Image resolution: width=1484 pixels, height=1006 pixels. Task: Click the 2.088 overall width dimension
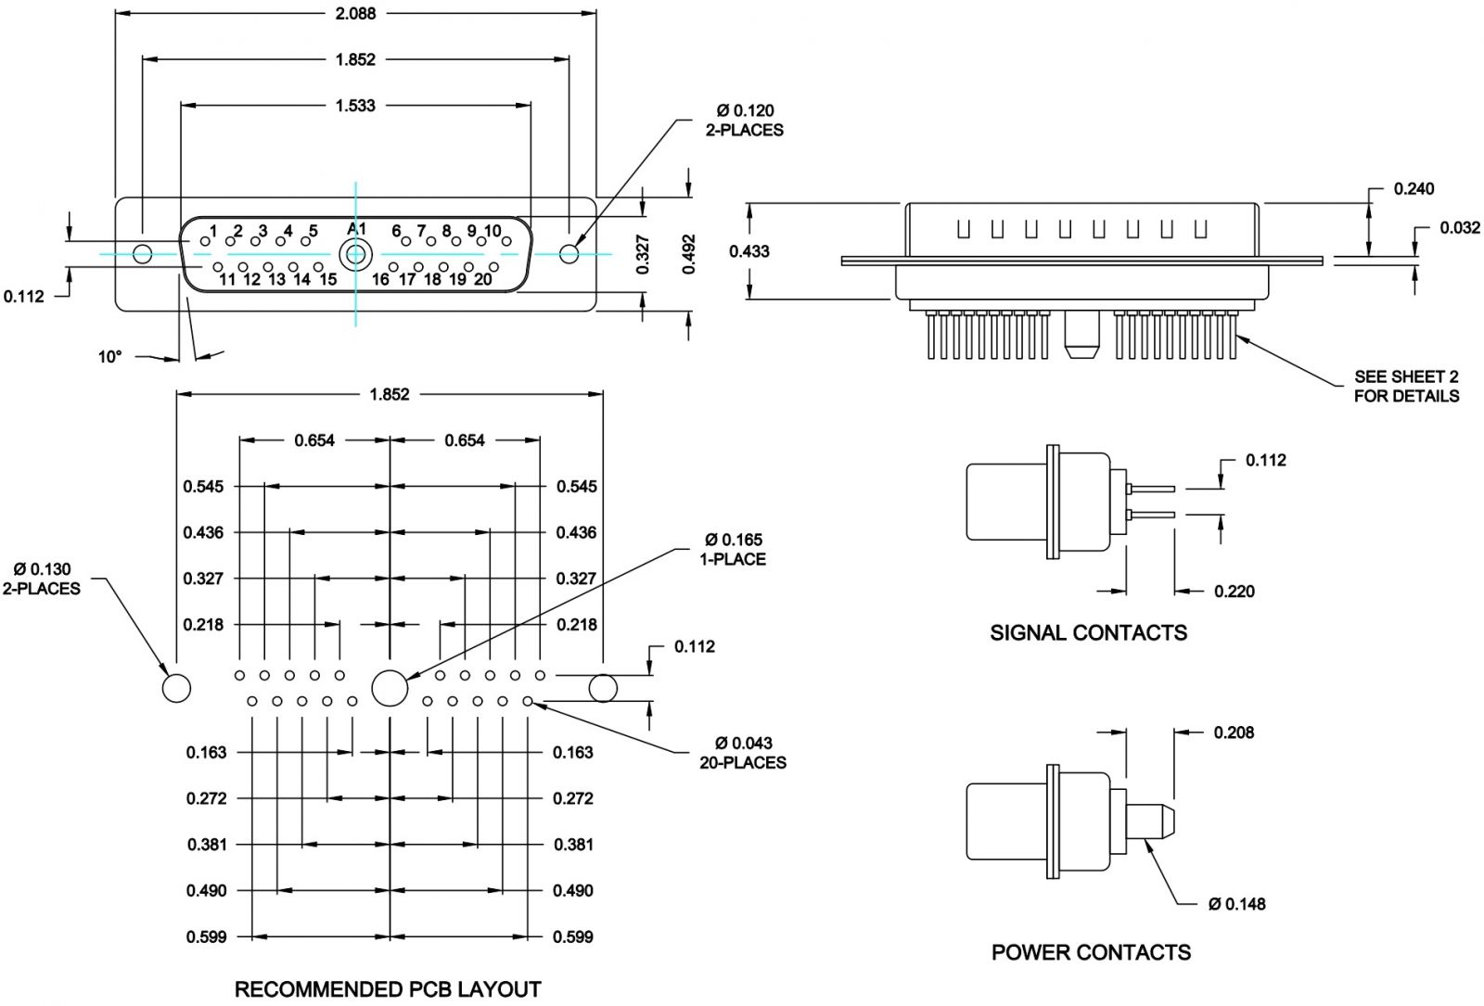pyautogui.click(x=355, y=14)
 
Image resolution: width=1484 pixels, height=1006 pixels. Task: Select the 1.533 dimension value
pyautogui.click(x=355, y=106)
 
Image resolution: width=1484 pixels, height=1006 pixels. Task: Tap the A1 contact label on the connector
pyautogui.click(x=356, y=229)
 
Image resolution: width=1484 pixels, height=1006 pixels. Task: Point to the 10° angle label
pyautogui.click(x=110, y=356)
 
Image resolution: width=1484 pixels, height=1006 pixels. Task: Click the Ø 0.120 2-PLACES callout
pyautogui.click(x=744, y=121)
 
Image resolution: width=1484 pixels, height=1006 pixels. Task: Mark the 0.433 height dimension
pyautogui.click(x=749, y=250)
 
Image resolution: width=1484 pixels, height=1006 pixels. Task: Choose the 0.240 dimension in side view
pyautogui.click(x=1414, y=189)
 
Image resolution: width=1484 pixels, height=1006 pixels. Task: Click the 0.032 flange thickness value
pyautogui.click(x=1460, y=228)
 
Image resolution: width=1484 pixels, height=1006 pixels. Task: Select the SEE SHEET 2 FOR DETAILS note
pyautogui.click(x=1406, y=387)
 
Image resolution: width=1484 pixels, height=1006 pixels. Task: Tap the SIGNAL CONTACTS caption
pyautogui.click(x=1088, y=633)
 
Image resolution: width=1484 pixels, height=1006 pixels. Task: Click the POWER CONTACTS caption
pyautogui.click(x=1091, y=952)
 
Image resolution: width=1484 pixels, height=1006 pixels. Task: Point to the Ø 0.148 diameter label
pyautogui.click(x=1236, y=904)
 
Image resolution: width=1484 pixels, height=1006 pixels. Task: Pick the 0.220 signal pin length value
pyautogui.click(x=1234, y=592)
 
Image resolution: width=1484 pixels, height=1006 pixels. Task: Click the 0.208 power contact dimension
pyautogui.click(x=1234, y=732)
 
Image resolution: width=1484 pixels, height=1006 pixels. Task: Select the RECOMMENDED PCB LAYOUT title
pyautogui.click(x=388, y=989)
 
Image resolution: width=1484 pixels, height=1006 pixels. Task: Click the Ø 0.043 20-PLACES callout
pyautogui.click(x=743, y=753)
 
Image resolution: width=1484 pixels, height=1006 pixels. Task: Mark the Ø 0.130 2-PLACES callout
pyautogui.click(x=42, y=579)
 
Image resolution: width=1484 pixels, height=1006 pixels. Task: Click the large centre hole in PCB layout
pyautogui.click(x=390, y=688)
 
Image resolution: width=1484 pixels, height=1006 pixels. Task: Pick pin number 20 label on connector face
pyautogui.click(x=482, y=279)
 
